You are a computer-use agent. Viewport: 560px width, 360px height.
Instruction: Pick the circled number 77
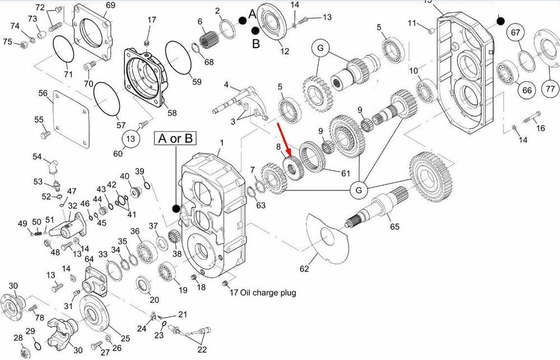(x=550, y=88)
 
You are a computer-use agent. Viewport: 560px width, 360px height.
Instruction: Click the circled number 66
(x=527, y=90)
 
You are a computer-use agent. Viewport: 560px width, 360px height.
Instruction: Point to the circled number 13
(x=130, y=139)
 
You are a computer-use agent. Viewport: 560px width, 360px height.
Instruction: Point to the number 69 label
(x=110, y=6)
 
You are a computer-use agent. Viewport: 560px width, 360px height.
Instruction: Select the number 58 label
(x=172, y=113)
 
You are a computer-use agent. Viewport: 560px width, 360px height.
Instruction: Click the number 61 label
(x=346, y=173)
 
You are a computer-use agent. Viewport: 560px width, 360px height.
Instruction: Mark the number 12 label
(x=284, y=52)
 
